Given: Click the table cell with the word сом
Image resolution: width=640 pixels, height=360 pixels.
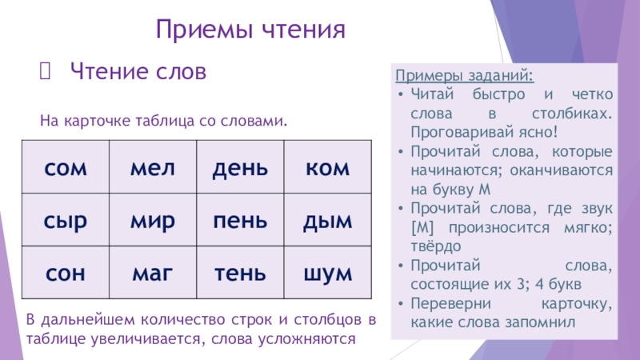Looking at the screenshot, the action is (x=66, y=169).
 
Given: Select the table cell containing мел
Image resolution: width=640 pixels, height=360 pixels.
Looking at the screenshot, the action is (x=152, y=169).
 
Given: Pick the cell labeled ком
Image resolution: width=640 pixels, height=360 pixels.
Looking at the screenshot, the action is (x=327, y=169).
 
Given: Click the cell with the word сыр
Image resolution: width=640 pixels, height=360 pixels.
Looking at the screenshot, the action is (x=66, y=220).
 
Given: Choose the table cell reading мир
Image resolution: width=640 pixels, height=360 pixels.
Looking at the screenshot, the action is (x=152, y=220).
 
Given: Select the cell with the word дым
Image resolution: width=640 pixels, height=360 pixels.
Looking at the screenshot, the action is (x=327, y=220).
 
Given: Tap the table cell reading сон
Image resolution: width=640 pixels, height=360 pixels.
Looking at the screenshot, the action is (x=66, y=273).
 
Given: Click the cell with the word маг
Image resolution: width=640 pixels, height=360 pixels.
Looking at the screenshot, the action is (x=152, y=273).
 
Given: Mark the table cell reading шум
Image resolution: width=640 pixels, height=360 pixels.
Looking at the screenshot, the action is (x=327, y=273).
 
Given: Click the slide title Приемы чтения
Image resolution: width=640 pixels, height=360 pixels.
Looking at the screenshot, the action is (x=250, y=31).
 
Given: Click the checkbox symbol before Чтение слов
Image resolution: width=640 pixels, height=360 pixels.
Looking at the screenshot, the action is (x=45, y=72).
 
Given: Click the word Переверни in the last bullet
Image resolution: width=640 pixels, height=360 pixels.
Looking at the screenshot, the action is (x=446, y=305).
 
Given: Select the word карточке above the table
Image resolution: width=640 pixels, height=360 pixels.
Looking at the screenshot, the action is (x=96, y=121).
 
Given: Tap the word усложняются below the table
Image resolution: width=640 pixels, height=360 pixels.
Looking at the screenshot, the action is (x=306, y=338).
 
